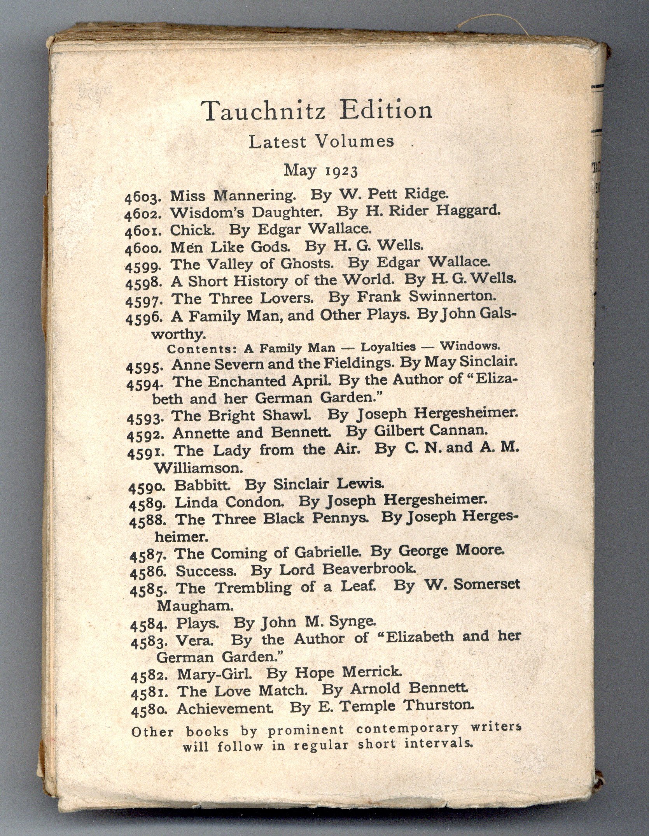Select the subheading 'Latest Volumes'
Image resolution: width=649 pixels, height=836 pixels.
coord(321,142)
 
